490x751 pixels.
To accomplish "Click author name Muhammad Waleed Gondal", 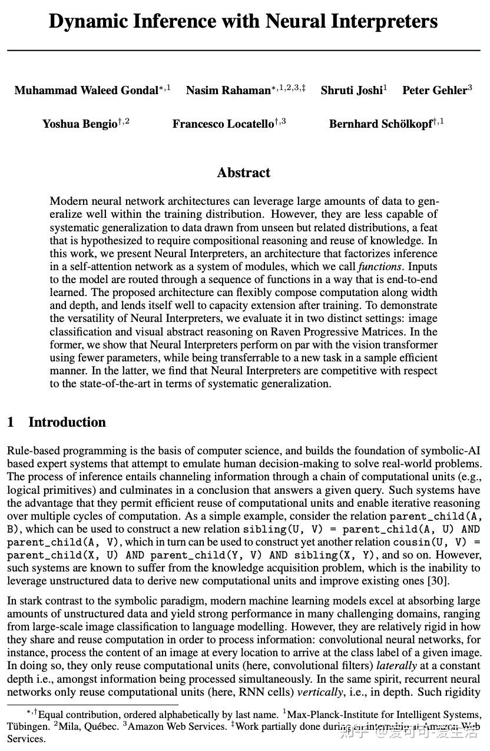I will [x=87, y=91].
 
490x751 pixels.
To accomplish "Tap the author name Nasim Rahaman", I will [x=228, y=91].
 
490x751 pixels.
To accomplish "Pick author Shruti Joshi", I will [x=352, y=91].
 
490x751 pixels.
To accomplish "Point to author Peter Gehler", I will [x=435, y=91].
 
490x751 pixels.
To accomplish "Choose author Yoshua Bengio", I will [x=80, y=124].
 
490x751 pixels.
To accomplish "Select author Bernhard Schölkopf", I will [x=380, y=124].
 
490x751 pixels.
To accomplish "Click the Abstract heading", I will [x=244, y=173].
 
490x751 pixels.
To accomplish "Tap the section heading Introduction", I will [x=67, y=423].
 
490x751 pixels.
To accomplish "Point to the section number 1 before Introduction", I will [x=11, y=423].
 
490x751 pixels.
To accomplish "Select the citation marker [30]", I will [x=440, y=581].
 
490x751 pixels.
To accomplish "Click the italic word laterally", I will [x=396, y=666].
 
